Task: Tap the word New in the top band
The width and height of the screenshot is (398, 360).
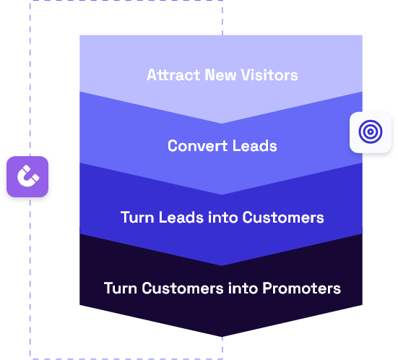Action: coord(220,75)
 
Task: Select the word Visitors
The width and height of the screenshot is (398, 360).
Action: coord(269,75)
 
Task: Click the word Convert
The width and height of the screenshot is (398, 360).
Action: coord(198,146)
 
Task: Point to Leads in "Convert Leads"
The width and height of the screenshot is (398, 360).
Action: coord(254,146)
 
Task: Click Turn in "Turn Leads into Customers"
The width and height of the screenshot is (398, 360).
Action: coord(137,218)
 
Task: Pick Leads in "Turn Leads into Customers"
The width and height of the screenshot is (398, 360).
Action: coord(181,218)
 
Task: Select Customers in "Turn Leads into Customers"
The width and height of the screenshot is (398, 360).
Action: coord(283,218)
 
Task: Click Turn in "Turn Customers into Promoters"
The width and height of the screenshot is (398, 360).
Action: coord(121,288)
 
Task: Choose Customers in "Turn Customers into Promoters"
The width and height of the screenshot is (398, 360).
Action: coord(183,288)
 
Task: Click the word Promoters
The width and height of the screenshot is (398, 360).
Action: coord(301,288)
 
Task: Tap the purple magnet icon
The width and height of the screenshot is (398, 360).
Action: coord(27,176)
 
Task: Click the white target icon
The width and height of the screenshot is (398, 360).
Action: coord(371,132)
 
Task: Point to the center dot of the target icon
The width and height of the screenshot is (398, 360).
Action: coord(371,132)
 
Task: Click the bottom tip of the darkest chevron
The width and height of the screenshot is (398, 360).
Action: coord(222,337)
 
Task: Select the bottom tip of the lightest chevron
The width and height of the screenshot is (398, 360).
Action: coord(222,124)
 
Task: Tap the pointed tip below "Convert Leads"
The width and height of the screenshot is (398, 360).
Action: coord(222,194)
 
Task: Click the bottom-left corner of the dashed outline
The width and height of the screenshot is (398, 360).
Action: coord(30,359)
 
